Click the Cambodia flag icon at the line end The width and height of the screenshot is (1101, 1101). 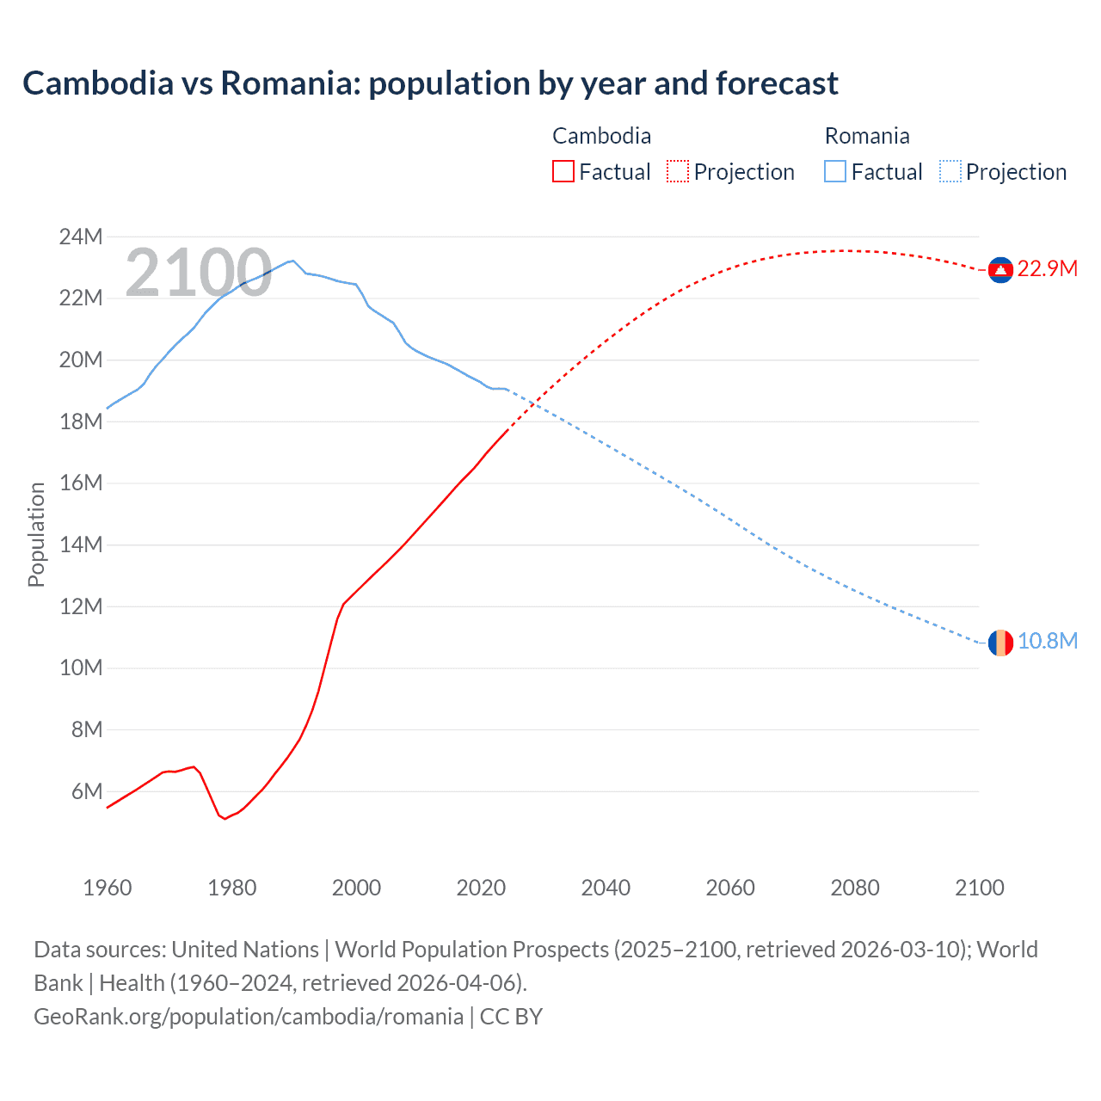tap(1000, 270)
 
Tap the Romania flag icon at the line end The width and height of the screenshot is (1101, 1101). tap(1000, 642)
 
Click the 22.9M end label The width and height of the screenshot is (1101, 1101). tap(1047, 269)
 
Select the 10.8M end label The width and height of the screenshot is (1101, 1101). tap(1047, 642)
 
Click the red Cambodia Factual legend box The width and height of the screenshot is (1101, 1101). tap(563, 172)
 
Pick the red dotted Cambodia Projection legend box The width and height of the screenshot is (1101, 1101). tap(678, 172)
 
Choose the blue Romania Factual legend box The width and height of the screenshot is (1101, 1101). tap(835, 172)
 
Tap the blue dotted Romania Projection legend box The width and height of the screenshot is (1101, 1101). tap(950, 172)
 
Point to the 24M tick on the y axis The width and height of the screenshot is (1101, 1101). tap(81, 237)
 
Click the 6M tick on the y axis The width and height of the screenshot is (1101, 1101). tap(86, 791)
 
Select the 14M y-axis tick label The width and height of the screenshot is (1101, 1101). tap(81, 544)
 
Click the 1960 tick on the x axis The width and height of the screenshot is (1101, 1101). tap(108, 888)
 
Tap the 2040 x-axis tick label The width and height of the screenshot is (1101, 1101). tap(606, 888)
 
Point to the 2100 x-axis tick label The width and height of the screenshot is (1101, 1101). tap(979, 888)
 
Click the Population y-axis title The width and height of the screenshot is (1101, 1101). tap(36, 534)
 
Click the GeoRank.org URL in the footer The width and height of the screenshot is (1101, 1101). tap(248, 1017)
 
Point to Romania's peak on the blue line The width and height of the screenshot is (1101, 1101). tap(293, 261)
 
